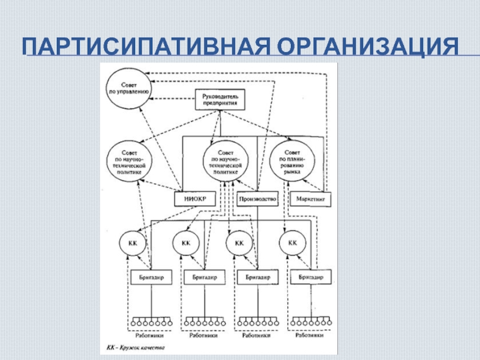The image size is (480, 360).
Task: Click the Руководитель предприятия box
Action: pos(220,99)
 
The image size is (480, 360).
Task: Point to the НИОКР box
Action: pos(195,197)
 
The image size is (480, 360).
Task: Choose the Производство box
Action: pos(256,197)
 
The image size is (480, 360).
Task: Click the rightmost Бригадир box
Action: pos(311,278)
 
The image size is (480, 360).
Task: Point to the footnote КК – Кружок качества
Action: pos(131,347)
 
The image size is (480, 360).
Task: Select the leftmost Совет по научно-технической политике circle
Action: pos(130,161)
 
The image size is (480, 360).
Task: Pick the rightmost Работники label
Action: pos(311,336)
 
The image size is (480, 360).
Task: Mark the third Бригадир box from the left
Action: pos(258,278)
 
